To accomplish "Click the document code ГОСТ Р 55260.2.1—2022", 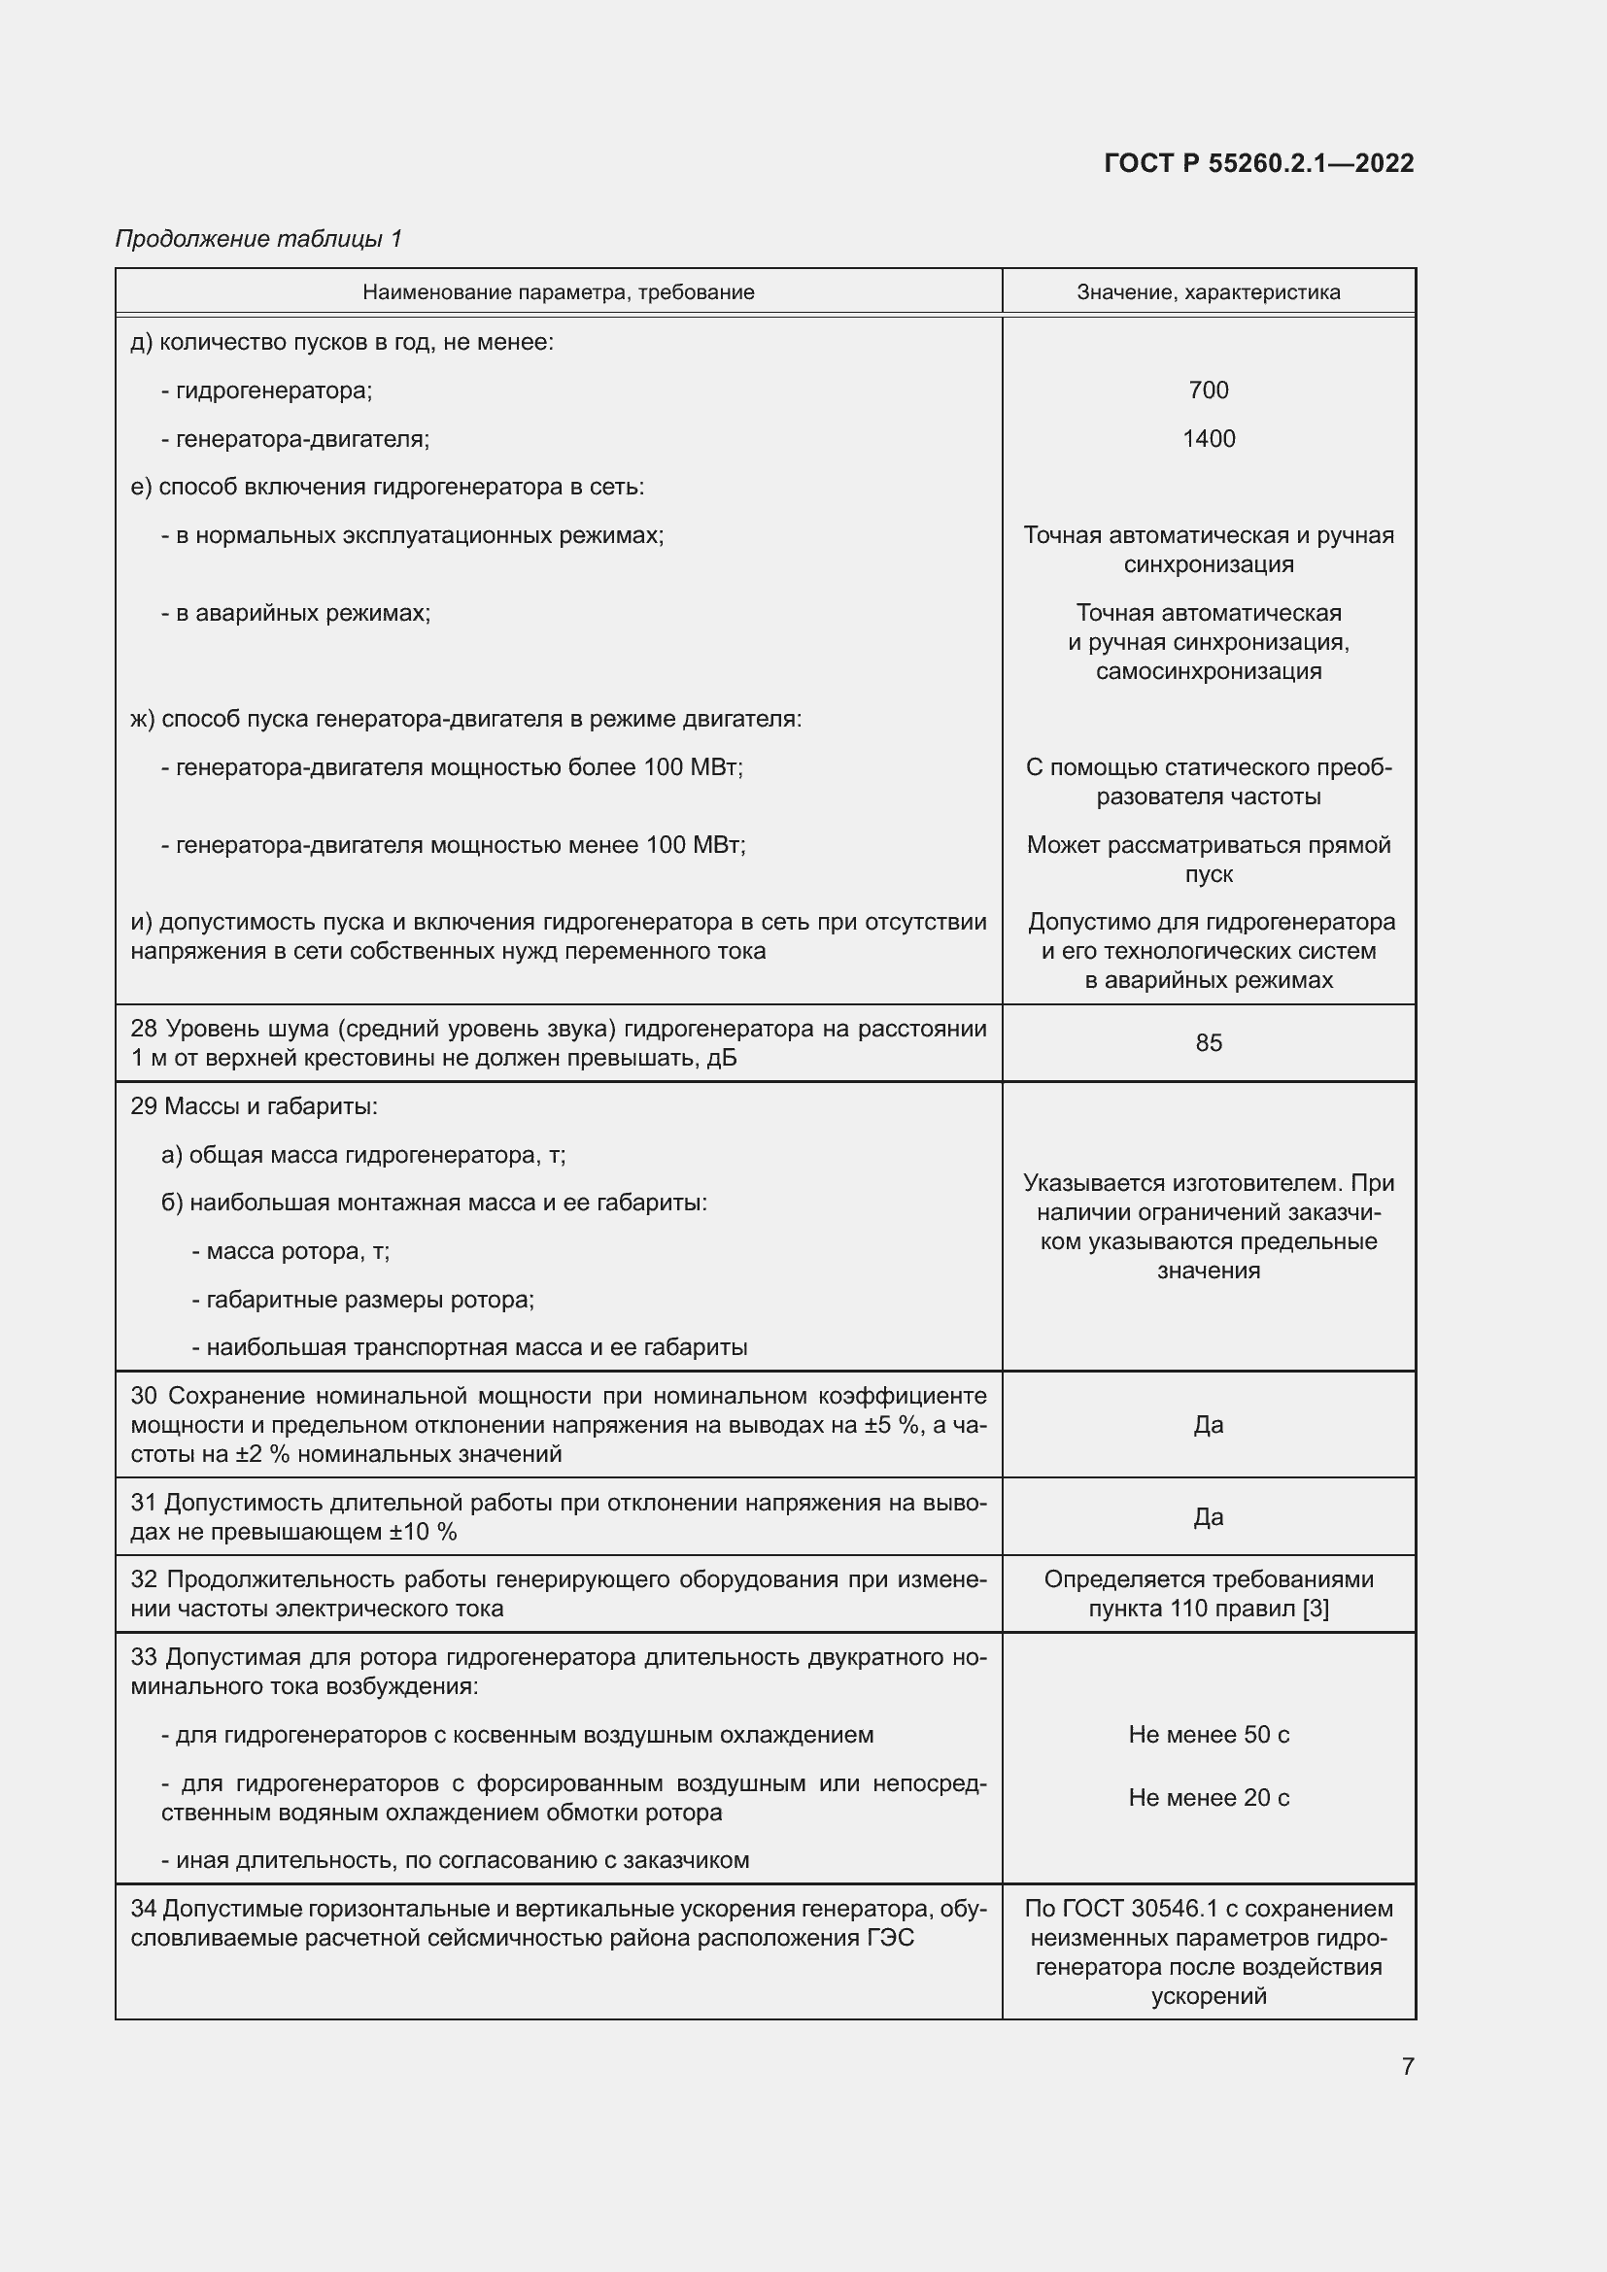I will click(1258, 163).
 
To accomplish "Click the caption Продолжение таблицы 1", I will click(258, 239).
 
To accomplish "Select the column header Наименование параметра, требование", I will click(558, 292).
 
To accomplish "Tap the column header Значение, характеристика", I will click(1209, 292).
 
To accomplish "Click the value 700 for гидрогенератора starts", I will click(1209, 390).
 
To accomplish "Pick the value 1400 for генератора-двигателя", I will click(1209, 438).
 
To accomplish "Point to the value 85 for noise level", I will click(1209, 1043).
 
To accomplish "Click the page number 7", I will click(1407, 2066).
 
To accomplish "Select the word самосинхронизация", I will click(1209, 671).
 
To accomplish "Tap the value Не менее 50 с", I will click(1209, 1735).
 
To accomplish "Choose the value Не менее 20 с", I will click(1209, 1798).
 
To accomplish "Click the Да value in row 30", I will click(1209, 1425).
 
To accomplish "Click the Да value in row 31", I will click(1209, 1517).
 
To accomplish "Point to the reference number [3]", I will click(1316, 1608).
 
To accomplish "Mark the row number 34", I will click(144, 1909).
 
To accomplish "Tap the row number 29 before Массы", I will click(144, 1106).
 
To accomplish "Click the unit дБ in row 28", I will click(720, 1058).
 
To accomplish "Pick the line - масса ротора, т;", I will click(291, 1252).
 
